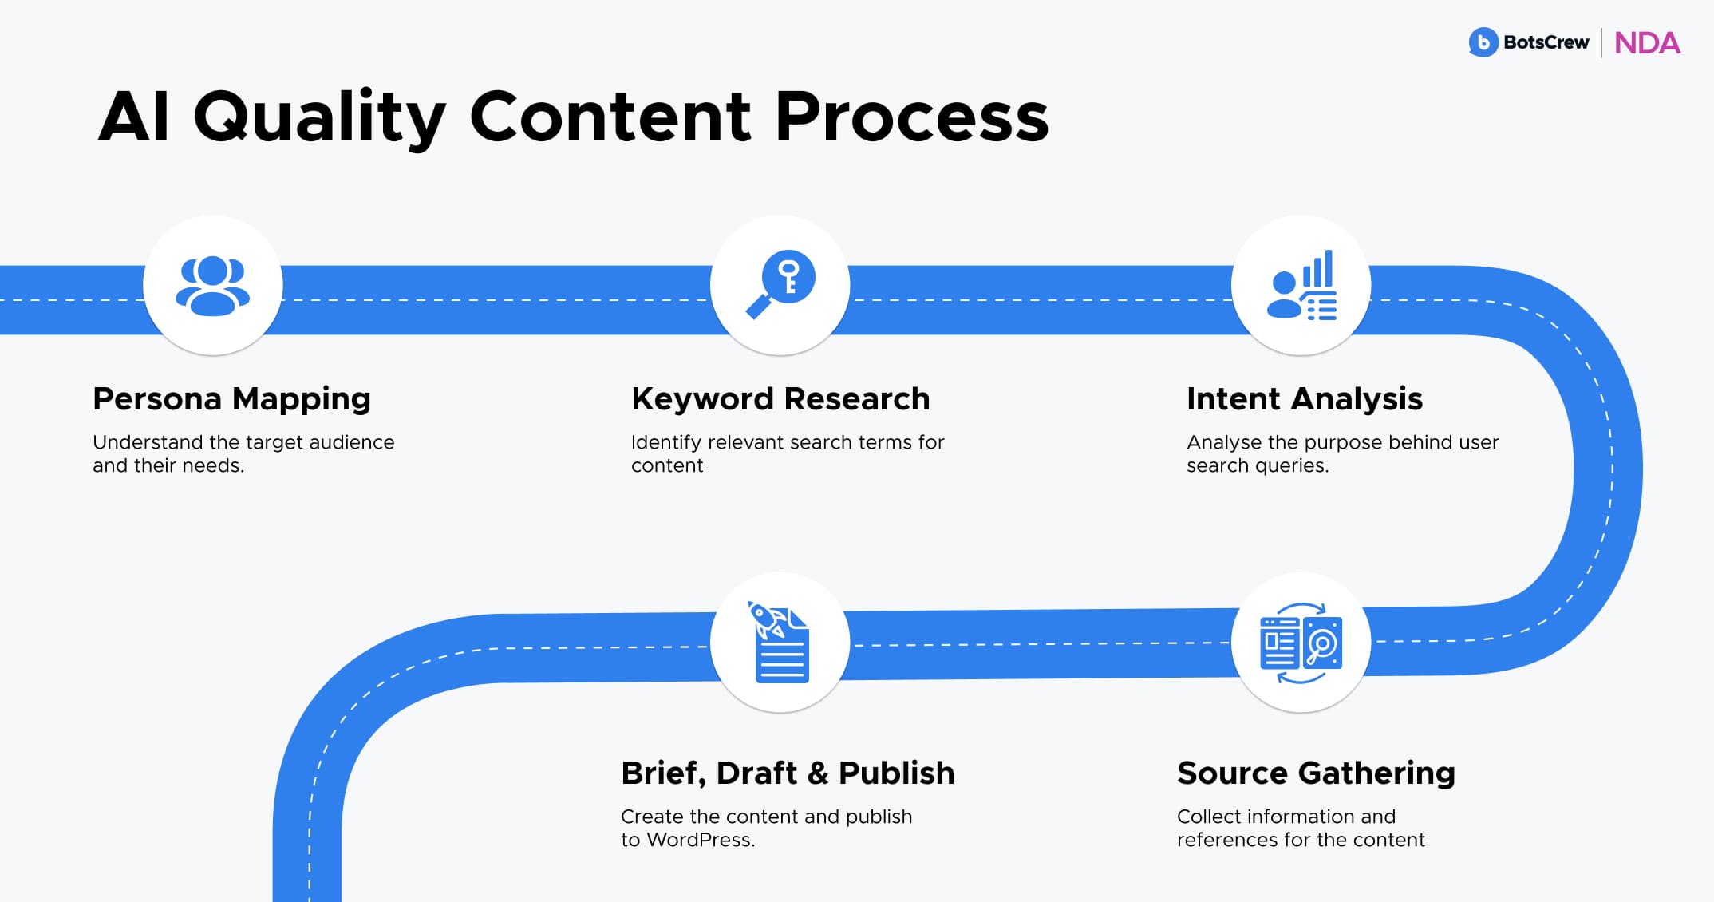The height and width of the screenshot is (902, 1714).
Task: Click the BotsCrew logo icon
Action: click(x=1483, y=42)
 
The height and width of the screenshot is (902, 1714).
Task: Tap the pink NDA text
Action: click(x=1647, y=43)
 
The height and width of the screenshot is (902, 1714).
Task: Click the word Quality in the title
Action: click(x=319, y=118)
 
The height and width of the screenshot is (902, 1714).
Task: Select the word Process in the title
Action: click(x=911, y=117)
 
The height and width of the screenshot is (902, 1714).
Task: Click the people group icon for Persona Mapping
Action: click(x=212, y=286)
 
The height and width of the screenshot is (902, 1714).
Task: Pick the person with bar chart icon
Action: click(x=1301, y=286)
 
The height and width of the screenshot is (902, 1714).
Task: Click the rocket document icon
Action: click(x=780, y=643)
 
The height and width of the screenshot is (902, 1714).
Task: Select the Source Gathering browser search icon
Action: click(x=1301, y=643)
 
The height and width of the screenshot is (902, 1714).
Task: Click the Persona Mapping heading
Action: click(x=231, y=399)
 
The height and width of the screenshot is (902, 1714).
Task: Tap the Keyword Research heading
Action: click(x=780, y=399)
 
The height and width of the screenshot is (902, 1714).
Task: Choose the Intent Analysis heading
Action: click(x=1304, y=399)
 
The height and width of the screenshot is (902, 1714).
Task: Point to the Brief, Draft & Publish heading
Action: click(x=788, y=773)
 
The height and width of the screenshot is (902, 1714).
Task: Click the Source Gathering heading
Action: click(x=1316, y=773)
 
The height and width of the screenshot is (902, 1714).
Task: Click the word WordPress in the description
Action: click(x=699, y=840)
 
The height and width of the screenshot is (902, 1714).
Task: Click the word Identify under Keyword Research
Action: click(x=666, y=442)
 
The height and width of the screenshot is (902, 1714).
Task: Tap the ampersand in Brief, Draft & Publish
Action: click(x=818, y=773)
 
